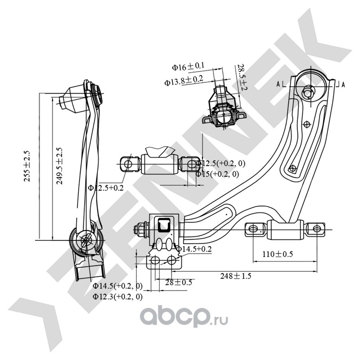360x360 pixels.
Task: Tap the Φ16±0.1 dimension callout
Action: point(188,67)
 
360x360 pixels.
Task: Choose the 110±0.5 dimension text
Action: point(278,254)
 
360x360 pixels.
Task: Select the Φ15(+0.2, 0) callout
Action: point(217,174)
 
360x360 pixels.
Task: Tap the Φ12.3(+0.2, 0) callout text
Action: point(117,297)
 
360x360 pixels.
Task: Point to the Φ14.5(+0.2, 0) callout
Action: point(117,286)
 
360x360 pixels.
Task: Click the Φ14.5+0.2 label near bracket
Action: point(193,249)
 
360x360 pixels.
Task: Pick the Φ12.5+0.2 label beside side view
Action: point(106,188)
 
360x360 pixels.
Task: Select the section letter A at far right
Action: point(343,84)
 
